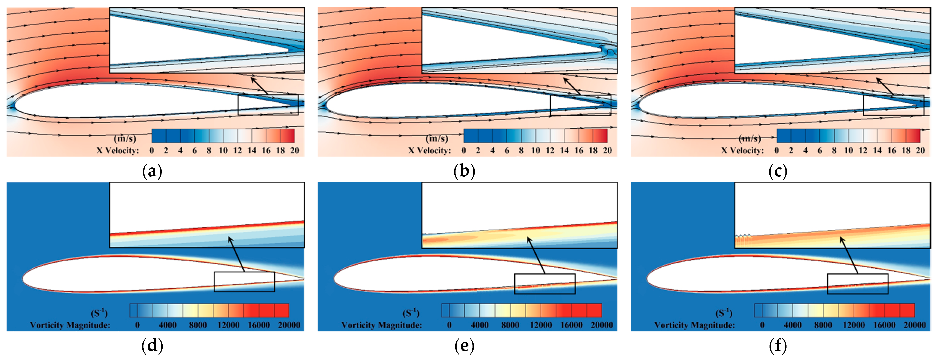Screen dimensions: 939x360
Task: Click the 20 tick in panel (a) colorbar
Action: pyautogui.click(x=294, y=150)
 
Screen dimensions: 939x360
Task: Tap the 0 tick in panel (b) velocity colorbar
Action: pyautogui.click(x=464, y=150)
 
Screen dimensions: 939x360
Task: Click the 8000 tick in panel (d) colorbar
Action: pyautogui.click(x=198, y=325)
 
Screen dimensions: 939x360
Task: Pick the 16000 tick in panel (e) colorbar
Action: pyautogui.click(x=571, y=325)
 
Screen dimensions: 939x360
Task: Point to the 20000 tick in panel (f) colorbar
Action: pyautogui.click(x=914, y=325)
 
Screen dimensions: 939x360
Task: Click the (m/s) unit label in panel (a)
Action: pyautogui.click(x=125, y=138)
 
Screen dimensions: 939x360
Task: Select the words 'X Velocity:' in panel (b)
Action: pyautogui.click(x=429, y=150)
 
